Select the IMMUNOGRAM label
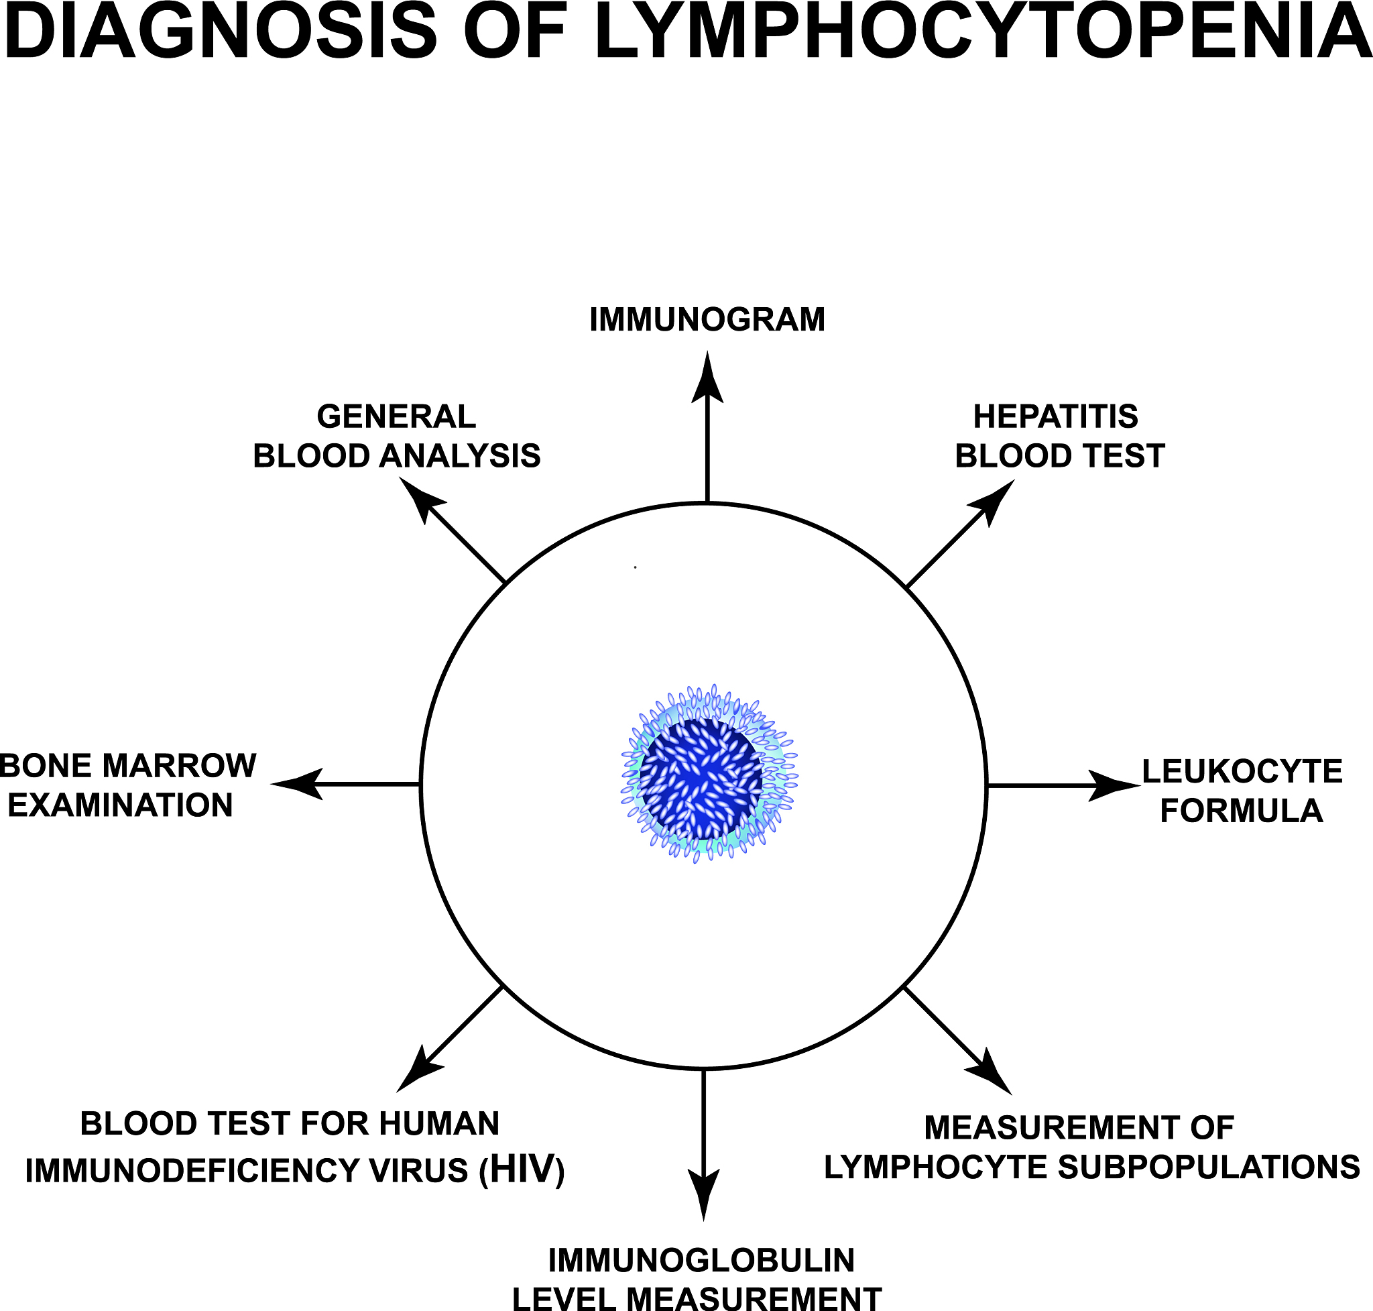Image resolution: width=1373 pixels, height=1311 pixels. pyautogui.click(x=707, y=320)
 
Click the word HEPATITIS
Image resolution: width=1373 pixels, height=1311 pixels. pyautogui.click(x=1056, y=417)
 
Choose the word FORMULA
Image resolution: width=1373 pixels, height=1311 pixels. pyautogui.click(x=1242, y=811)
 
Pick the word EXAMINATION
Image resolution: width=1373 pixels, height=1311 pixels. pyautogui.click(x=120, y=806)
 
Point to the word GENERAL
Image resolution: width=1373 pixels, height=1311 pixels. pyautogui.click(x=396, y=417)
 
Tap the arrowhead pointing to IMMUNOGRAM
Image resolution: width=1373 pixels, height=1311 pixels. pyautogui.click(x=707, y=381)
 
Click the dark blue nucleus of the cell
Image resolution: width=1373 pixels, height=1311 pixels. pyautogui.click(x=701, y=779)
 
